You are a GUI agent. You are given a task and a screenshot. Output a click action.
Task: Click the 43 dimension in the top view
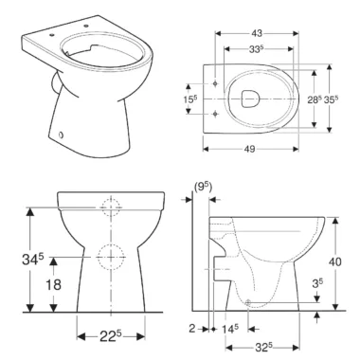pos(257,33)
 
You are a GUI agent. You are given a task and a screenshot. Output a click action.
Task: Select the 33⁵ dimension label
pos(256,49)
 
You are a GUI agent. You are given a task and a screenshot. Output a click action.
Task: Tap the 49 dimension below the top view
pos(249,149)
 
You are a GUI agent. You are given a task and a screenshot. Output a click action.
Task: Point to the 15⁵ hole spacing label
pos(190,99)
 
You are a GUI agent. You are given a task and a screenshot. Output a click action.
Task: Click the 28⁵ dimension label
pos(315,99)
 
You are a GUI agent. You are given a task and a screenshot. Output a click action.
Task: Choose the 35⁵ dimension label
pos(332,99)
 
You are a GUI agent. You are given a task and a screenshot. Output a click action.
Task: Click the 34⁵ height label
pos(33,259)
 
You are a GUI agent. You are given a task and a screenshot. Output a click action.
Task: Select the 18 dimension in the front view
pos(53,284)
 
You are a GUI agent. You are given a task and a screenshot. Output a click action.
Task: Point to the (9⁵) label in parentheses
pos(203,188)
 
